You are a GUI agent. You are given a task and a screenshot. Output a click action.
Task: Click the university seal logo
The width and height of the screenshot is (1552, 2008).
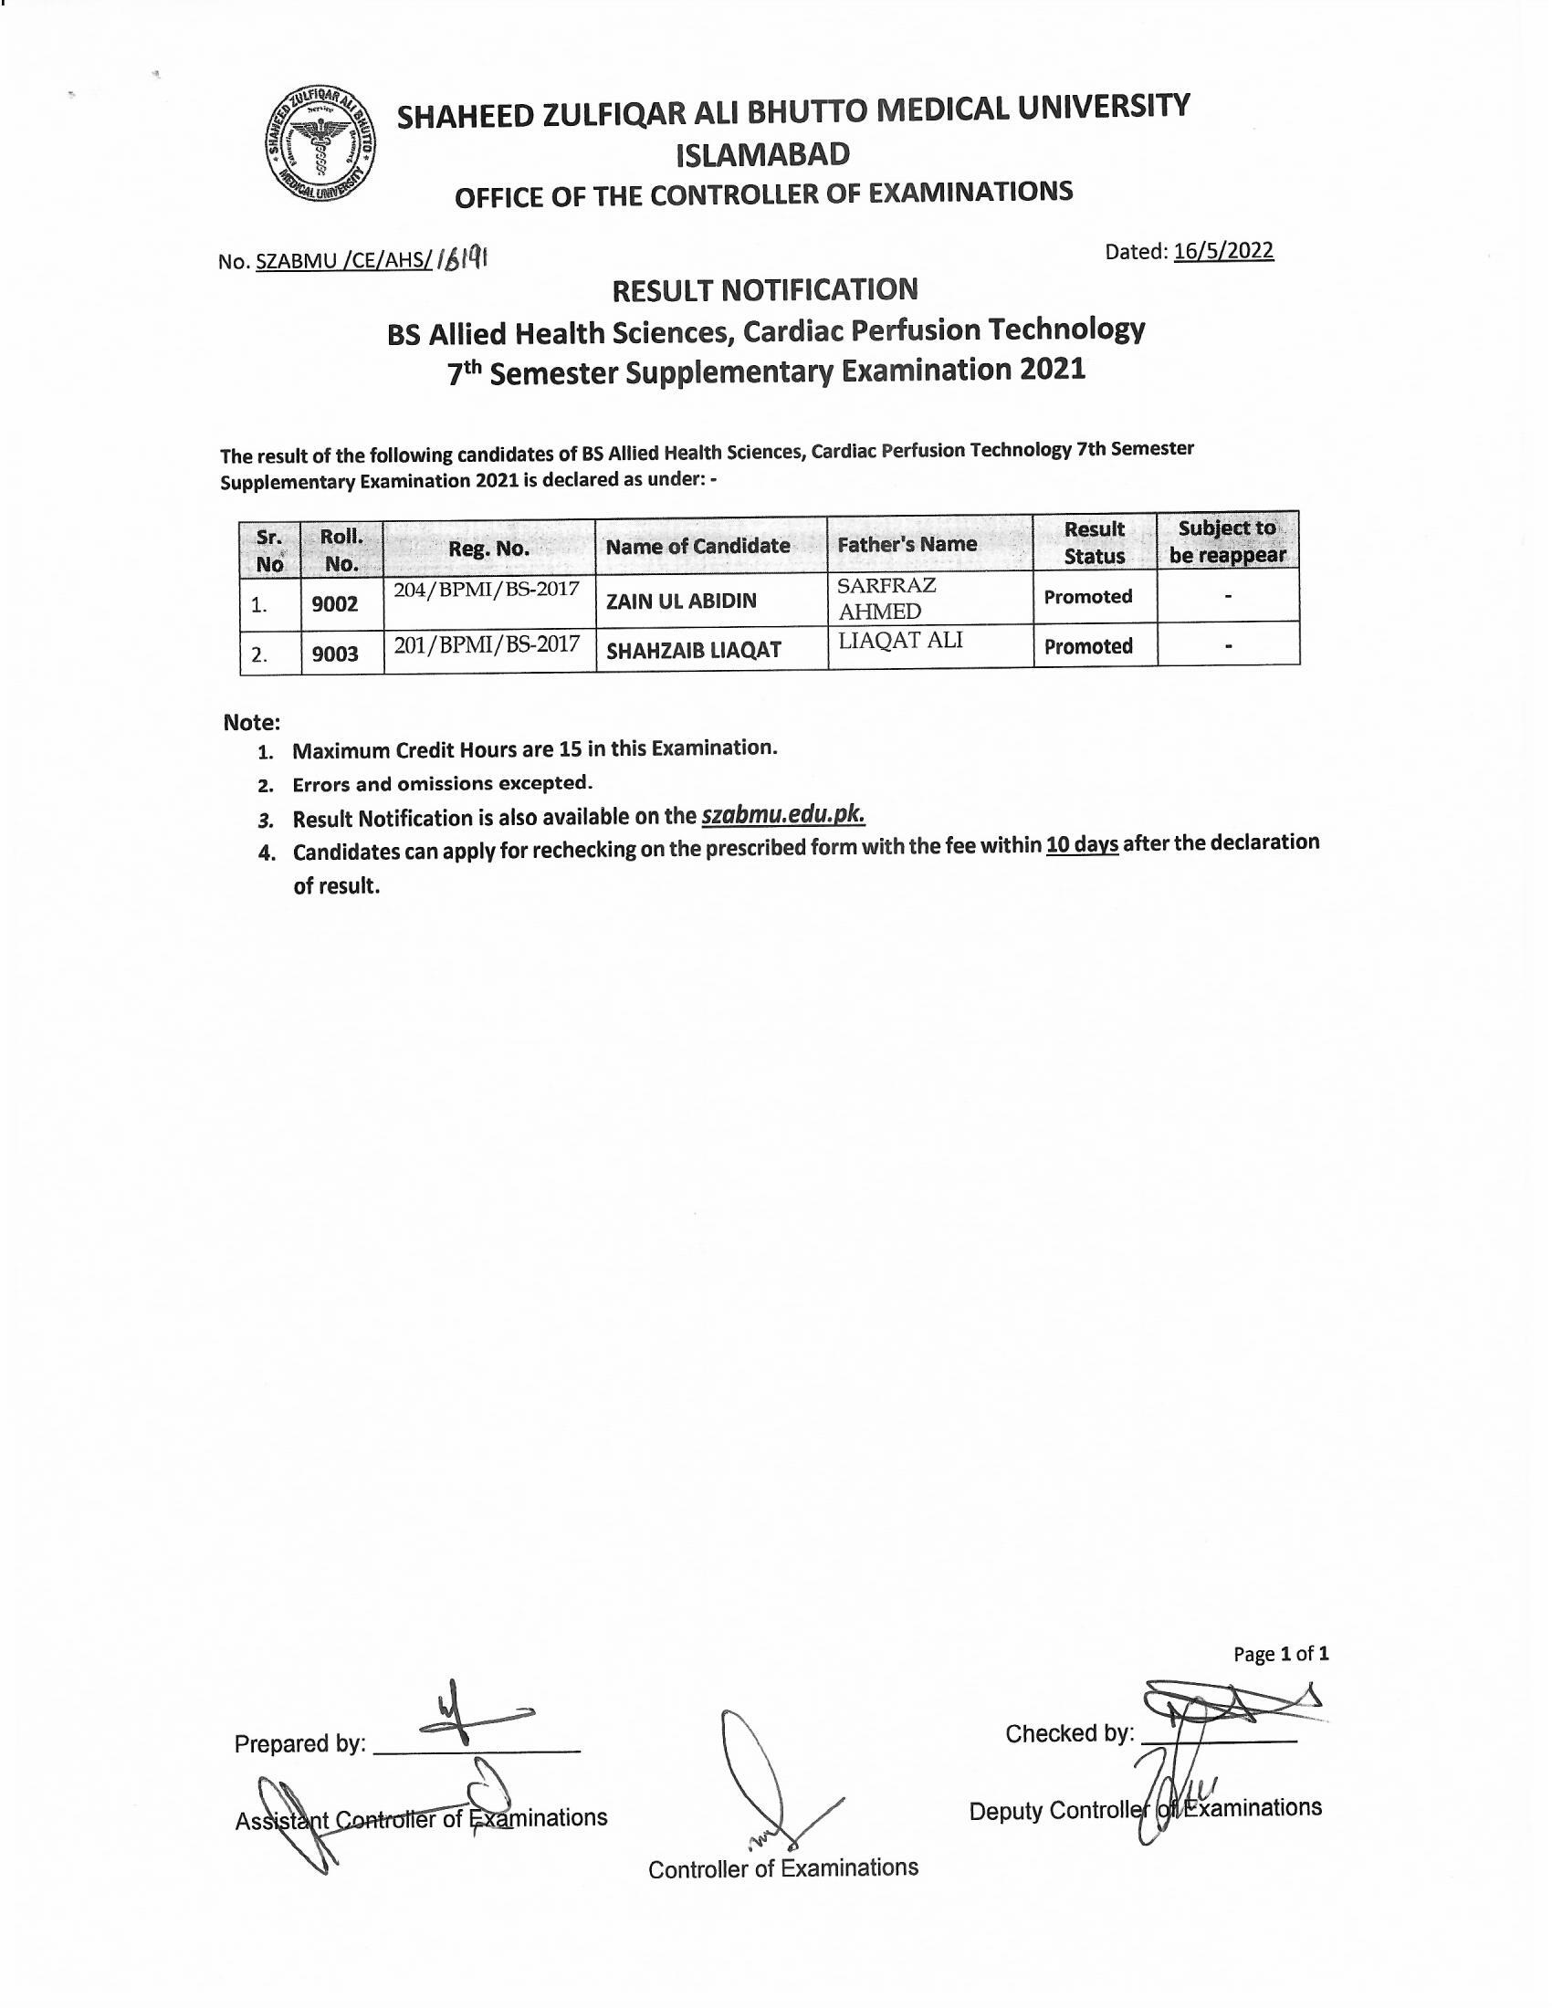pyautogui.click(x=318, y=146)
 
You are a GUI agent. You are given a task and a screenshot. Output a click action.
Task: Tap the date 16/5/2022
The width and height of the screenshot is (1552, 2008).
pyautogui.click(x=1222, y=251)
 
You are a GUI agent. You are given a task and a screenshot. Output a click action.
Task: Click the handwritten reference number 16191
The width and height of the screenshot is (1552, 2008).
pyautogui.click(x=462, y=259)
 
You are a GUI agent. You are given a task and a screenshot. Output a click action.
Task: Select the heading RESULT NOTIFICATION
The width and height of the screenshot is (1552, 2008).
pyautogui.click(x=765, y=290)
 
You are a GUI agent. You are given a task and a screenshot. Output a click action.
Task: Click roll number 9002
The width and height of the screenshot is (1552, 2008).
pyautogui.click(x=335, y=604)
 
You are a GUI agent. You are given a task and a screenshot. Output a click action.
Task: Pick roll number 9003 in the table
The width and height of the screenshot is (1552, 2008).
pyautogui.click(x=335, y=654)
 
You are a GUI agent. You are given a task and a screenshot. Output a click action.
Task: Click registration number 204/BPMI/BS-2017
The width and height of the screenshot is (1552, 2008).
pyautogui.click(x=487, y=589)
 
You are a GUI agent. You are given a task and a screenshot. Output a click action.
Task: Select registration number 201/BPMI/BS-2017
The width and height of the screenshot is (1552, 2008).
pyautogui.click(x=487, y=643)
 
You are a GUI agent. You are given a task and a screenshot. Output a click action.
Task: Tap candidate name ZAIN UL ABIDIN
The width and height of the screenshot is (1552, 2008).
pyautogui.click(x=681, y=601)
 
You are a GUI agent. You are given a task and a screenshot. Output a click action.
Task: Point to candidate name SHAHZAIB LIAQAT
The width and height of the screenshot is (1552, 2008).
pyautogui.click(x=693, y=650)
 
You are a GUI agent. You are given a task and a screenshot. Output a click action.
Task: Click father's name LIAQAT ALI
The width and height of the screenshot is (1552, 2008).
pyautogui.click(x=900, y=641)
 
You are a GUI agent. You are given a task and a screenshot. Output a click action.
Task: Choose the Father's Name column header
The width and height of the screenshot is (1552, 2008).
pyautogui.click(x=907, y=544)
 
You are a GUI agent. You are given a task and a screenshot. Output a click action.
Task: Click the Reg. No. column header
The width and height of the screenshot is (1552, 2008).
pyautogui.click(x=488, y=549)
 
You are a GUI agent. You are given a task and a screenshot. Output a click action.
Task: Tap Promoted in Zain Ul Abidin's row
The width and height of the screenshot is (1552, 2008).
pyautogui.click(x=1087, y=597)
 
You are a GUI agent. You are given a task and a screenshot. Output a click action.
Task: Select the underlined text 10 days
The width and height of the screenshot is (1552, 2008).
pyautogui.click(x=1081, y=844)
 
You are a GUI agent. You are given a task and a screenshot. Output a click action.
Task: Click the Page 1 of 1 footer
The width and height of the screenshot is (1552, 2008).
pyautogui.click(x=1280, y=1654)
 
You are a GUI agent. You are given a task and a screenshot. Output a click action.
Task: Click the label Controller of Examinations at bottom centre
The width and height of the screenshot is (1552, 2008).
pyautogui.click(x=782, y=1868)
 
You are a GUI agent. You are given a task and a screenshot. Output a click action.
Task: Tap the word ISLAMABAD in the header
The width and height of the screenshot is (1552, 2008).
pyautogui.click(x=763, y=154)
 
